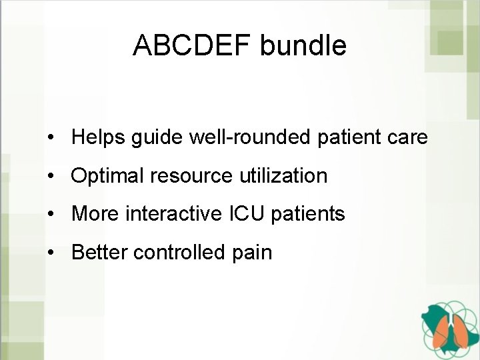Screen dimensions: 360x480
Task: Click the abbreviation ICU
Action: coord(247,214)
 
